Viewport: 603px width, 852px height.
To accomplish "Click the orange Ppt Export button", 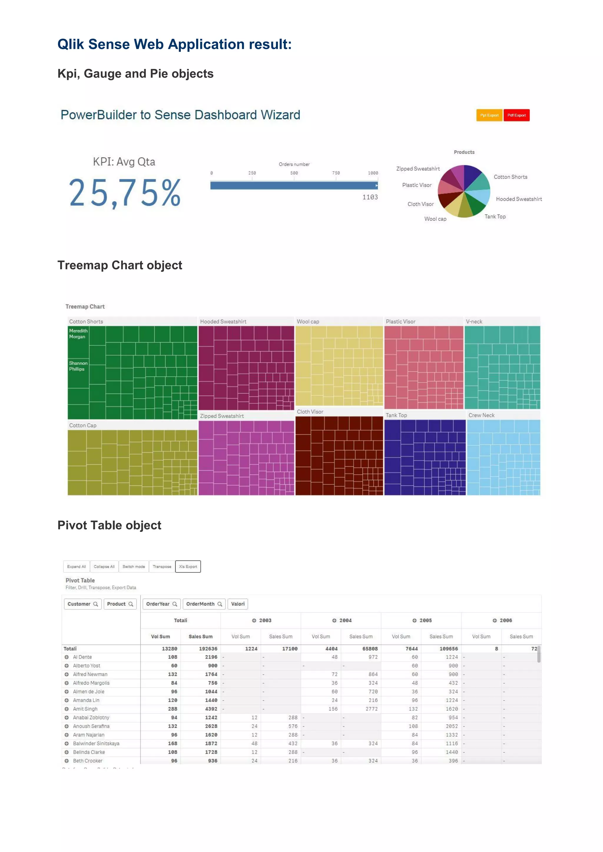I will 489,115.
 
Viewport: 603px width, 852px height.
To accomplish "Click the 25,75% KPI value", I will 125,193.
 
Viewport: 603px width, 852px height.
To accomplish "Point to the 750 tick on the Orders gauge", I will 336,173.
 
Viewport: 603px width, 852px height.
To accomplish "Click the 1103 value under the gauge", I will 370,197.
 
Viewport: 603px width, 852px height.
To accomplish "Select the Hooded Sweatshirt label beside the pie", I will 519,199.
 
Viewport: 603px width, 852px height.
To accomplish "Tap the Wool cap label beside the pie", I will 435,219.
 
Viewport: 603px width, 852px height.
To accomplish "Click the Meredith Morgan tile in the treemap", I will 78,334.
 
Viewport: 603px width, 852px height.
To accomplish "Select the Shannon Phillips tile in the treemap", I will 78,366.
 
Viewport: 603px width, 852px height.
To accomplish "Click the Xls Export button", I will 188,567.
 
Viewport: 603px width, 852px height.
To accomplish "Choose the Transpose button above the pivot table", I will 162,567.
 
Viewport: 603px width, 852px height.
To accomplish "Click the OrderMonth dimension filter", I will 204,604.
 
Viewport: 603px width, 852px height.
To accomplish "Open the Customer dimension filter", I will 82,604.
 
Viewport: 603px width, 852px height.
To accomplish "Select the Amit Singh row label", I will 85,709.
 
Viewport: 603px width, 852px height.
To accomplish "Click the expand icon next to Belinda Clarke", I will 67,752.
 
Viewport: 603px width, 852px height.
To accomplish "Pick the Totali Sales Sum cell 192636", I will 208,649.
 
